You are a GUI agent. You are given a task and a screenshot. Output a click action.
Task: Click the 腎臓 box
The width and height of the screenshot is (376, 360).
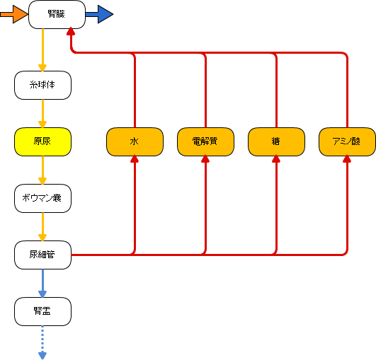tap(57, 14)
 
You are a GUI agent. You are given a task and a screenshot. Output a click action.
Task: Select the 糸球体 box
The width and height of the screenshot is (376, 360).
tap(42, 85)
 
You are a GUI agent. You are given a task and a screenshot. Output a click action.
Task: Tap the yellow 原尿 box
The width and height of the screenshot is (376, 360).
tap(42, 141)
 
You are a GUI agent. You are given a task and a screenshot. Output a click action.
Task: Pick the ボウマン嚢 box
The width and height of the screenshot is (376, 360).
tap(42, 198)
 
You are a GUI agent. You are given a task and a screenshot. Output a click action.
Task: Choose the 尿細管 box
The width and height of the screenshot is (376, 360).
tap(42, 255)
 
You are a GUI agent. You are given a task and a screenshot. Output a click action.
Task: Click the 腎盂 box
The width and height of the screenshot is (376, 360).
tap(42, 311)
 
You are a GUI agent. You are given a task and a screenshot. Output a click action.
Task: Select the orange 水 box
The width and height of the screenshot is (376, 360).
tap(135, 141)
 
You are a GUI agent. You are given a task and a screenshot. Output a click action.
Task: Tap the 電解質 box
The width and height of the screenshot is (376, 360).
tap(205, 141)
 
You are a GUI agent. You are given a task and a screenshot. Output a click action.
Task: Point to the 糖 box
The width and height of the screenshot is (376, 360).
tap(276, 141)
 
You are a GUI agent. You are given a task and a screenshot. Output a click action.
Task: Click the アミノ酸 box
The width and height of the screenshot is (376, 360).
tap(347, 141)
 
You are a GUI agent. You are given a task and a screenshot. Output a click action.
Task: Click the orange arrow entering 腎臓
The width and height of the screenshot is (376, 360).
tap(14, 14)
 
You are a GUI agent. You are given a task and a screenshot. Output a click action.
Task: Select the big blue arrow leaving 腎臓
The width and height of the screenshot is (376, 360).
tap(99, 14)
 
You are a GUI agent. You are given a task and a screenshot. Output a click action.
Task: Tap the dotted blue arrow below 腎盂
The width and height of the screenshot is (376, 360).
tap(42, 342)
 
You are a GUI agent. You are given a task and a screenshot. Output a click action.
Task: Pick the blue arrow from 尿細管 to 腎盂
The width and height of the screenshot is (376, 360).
tap(42, 283)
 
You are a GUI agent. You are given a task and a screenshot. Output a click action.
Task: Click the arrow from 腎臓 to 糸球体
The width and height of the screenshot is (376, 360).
tap(42, 50)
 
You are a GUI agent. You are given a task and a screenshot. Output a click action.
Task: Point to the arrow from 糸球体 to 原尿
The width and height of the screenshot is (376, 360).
tap(42, 114)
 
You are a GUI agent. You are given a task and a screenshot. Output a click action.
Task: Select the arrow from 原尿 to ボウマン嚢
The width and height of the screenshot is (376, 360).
tap(42, 170)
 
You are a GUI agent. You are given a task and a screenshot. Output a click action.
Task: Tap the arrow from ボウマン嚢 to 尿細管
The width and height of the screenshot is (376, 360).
tap(42, 226)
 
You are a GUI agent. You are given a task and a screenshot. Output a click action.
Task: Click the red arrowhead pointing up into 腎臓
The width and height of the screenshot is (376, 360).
tap(71, 31)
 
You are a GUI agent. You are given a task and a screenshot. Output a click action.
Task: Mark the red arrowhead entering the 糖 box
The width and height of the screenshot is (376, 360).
tap(276, 159)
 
